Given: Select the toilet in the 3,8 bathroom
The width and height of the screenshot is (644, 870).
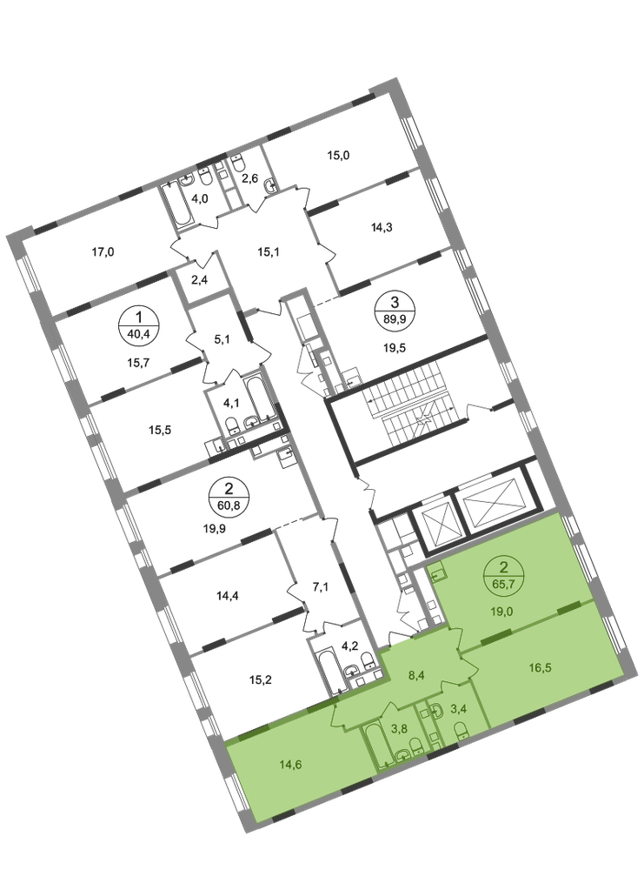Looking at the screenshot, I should [x=415, y=746].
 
